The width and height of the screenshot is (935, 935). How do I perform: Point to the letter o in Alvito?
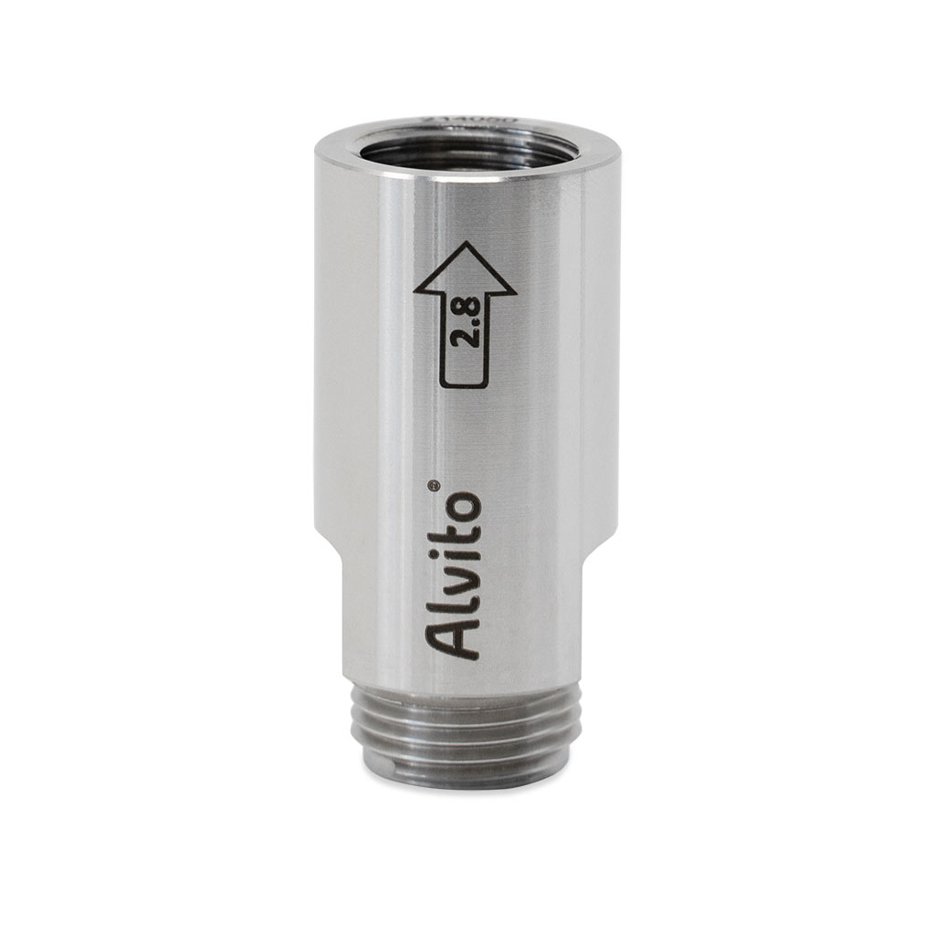click(461, 506)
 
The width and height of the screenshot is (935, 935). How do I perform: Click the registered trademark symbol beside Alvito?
click(435, 485)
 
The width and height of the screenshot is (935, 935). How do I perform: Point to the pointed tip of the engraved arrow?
click(466, 244)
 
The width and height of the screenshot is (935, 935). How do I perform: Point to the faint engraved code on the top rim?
click(471, 119)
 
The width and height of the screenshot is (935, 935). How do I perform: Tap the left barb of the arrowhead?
click(418, 293)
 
